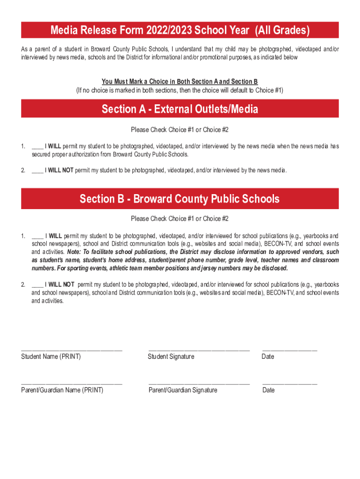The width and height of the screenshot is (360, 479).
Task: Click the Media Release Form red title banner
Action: pyautogui.click(x=180, y=30)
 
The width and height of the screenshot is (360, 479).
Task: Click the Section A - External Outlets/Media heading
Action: pyautogui.click(x=180, y=109)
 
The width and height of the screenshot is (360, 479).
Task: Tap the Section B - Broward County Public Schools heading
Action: pyautogui.click(x=180, y=199)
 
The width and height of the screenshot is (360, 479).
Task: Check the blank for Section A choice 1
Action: pyautogui.click(x=37, y=147)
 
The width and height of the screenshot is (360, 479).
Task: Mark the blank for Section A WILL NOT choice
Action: pyautogui.click(x=37, y=171)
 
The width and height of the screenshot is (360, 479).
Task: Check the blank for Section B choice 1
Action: pyautogui.click(x=37, y=236)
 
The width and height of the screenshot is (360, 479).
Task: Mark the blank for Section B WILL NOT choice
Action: pyautogui.click(x=37, y=285)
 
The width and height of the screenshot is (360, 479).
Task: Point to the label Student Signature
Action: pyautogui.click(x=171, y=357)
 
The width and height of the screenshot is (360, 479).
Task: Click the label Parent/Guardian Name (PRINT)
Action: pyautogui.click(x=62, y=390)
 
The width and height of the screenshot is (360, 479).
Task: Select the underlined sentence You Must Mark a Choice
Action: pyautogui.click(x=180, y=82)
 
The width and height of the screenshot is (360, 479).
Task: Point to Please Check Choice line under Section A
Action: pyautogui.click(x=180, y=130)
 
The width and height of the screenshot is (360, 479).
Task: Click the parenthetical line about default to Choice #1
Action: pyautogui.click(x=180, y=90)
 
